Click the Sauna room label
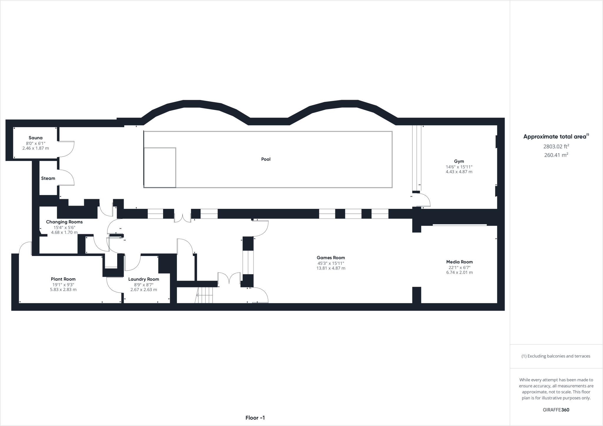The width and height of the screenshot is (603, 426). tap(35, 138)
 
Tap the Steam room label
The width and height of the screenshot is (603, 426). tap(48, 178)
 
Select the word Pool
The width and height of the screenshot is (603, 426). tap(266, 159)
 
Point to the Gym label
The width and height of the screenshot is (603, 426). tap(459, 161)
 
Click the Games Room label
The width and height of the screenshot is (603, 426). tap(331, 258)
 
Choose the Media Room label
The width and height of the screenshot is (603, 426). tap(459, 262)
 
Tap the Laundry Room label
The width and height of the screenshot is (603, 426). tap(144, 279)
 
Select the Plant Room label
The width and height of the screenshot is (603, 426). tap(63, 279)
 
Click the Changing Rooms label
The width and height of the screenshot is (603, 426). tap(64, 222)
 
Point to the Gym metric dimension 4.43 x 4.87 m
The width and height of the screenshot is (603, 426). tap(459, 172)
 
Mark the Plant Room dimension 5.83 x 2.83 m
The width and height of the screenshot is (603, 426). tap(63, 289)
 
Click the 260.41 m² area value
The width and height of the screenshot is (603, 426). tap(556, 155)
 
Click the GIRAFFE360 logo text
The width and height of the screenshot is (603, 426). tap(556, 410)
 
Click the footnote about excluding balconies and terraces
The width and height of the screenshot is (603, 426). tap(556, 356)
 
